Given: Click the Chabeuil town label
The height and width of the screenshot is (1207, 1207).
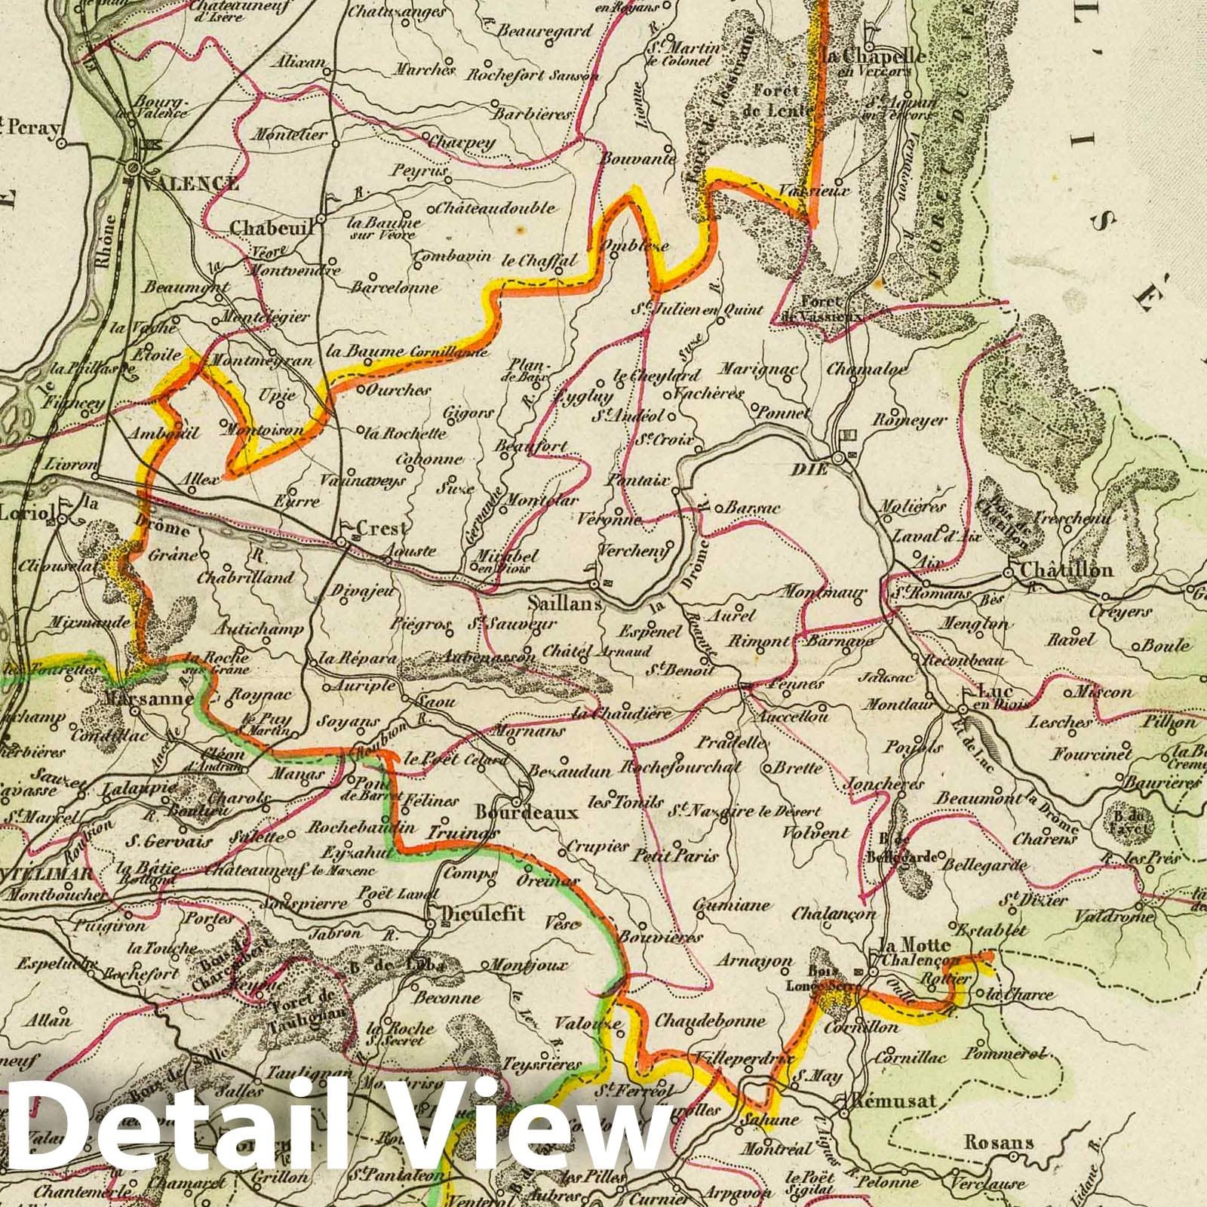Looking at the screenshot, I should tap(272, 226).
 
